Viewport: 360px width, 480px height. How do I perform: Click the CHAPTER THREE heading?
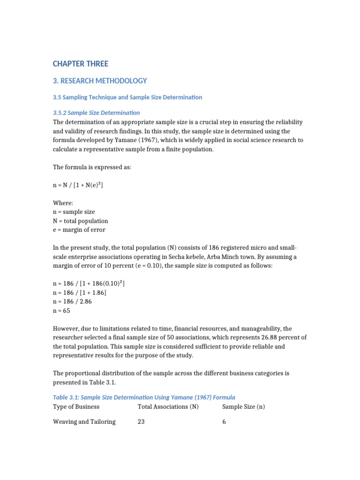point(81,64)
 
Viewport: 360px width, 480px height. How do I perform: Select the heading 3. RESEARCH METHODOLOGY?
point(100,81)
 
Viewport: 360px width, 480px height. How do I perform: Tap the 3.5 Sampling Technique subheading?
point(127,97)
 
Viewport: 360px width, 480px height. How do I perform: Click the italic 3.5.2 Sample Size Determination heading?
point(97,112)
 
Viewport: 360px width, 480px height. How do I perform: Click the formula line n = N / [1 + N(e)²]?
point(78,186)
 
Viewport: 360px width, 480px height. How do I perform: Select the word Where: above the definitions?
point(63,203)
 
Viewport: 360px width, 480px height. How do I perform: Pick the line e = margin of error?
point(79,230)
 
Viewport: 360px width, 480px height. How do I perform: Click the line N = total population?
point(81,221)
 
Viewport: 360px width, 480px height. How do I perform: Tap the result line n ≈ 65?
point(62,311)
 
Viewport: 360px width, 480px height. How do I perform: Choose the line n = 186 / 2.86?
point(73,302)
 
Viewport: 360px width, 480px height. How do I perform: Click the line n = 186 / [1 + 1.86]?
point(80,293)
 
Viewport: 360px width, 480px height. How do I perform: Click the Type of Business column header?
point(76,407)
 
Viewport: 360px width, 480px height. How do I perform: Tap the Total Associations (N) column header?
point(168,407)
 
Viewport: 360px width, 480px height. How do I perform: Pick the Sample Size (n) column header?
point(243,407)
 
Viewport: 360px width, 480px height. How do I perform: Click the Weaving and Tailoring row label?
point(84,422)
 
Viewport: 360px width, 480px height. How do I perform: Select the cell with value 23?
point(141,422)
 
